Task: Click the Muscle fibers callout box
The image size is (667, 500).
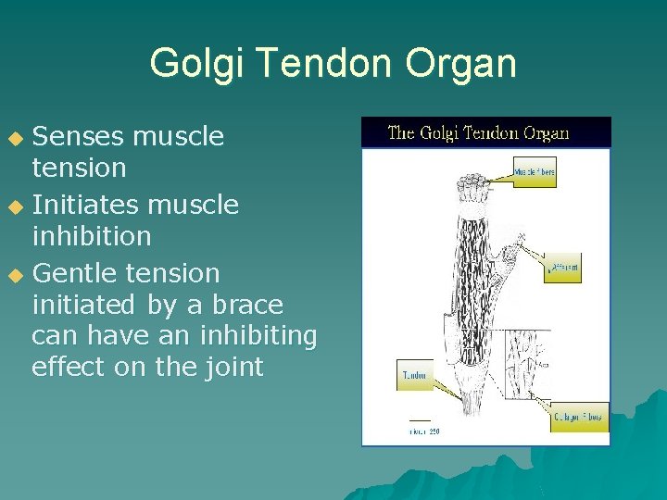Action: pos(535,172)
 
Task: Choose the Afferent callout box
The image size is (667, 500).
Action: pos(562,269)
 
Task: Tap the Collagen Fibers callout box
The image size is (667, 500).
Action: pos(580,418)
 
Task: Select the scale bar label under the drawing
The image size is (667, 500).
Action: pos(424,431)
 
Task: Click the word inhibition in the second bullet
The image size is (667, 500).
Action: pos(91,236)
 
